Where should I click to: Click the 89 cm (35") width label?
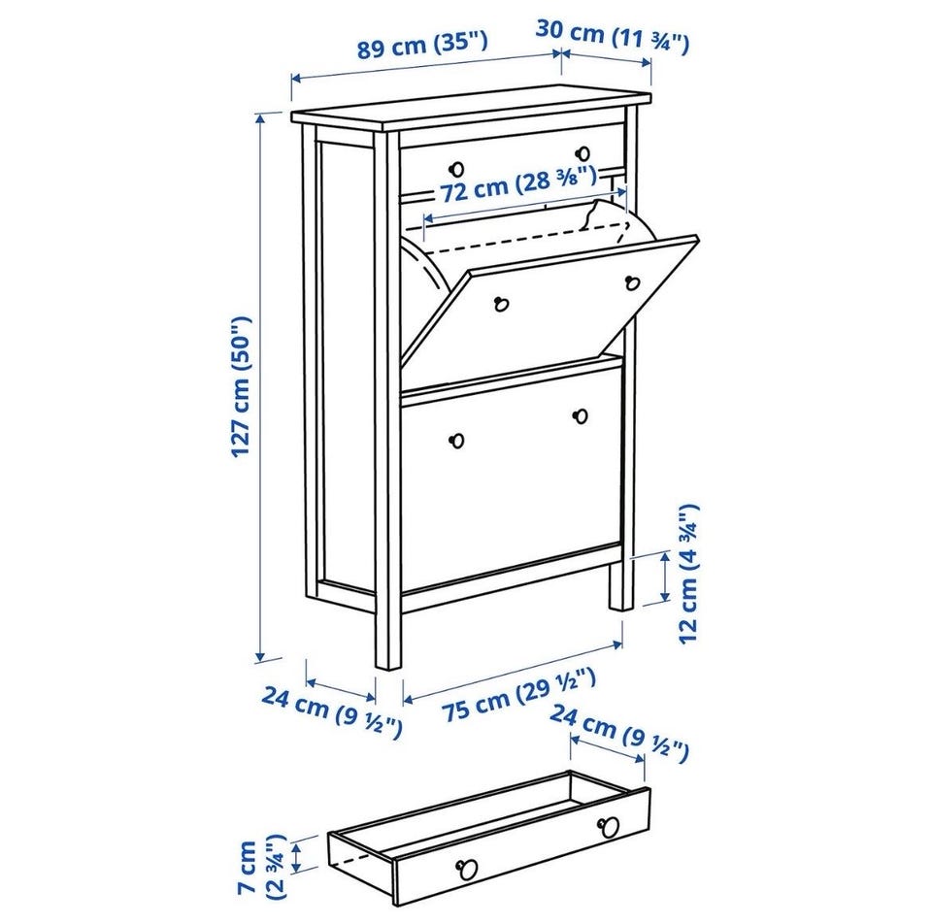tap(422, 45)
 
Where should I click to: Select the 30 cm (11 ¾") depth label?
tap(613, 36)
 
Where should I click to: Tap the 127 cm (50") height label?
tap(243, 386)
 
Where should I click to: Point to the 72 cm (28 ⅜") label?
tap(517, 184)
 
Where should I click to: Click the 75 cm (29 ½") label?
tap(518, 694)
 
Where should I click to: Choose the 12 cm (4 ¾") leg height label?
tap(689, 574)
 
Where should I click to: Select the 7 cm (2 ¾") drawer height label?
tap(261, 867)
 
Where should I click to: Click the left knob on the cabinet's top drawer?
tap(456, 169)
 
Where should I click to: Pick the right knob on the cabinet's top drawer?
tap(583, 154)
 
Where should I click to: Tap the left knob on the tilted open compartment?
tap(502, 304)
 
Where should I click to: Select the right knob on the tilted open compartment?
tap(632, 282)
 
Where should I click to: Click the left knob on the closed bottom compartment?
tap(456, 441)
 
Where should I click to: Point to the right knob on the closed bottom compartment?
tap(581, 416)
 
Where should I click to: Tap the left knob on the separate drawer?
tap(467, 870)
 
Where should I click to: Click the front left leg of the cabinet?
tap(387, 639)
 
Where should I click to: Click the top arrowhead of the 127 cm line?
tap(260, 118)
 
